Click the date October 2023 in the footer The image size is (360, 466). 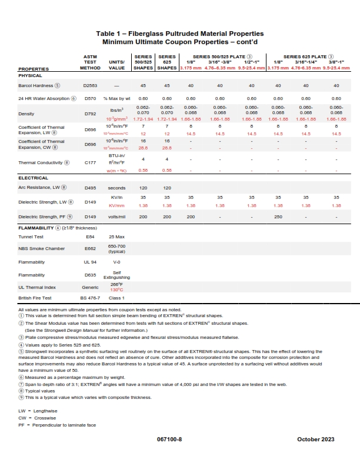pyautogui.click(x=315, y=440)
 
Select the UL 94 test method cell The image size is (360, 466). pyautogui.click(x=91, y=262)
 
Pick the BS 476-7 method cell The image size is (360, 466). pyautogui.click(x=91, y=298)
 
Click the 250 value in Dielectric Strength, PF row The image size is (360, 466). pyautogui.click(x=278, y=217)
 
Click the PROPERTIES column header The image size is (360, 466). pyautogui.click(x=34, y=69)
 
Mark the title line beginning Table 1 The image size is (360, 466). pyautogui.click(x=180, y=34)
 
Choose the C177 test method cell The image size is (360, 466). pyautogui.click(x=91, y=162)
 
